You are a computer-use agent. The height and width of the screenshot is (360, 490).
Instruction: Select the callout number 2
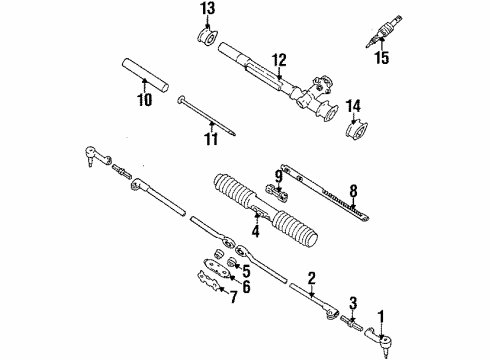click(x=312, y=279)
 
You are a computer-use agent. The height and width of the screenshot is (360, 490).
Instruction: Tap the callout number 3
click(x=351, y=303)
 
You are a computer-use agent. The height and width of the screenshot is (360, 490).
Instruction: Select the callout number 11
click(x=211, y=139)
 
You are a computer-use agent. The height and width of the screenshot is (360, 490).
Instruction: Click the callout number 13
click(x=208, y=10)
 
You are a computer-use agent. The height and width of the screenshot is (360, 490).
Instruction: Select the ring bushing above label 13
click(x=209, y=39)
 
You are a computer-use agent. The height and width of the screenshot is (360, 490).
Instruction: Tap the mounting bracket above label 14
click(x=357, y=132)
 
